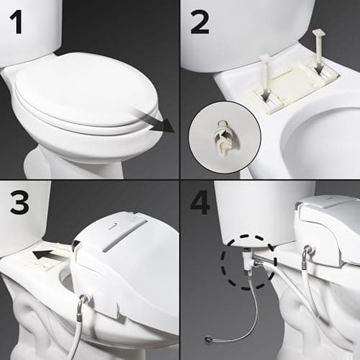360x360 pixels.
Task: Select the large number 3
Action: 19,202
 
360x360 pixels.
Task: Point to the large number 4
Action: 202,202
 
